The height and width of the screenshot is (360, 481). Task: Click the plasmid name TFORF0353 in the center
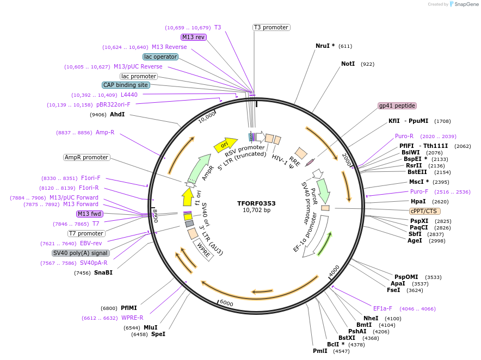coord(256,203)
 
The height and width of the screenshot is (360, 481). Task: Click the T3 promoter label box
coord(271,27)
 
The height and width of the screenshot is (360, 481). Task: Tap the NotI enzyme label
coord(348,64)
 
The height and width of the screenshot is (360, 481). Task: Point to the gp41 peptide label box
coord(397,105)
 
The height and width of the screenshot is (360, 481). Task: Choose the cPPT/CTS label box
coord(424,211)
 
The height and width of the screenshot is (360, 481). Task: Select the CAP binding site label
coord(125,85)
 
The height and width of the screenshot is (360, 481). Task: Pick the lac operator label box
coord(161,57)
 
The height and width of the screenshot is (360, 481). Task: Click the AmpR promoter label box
coord(87,157)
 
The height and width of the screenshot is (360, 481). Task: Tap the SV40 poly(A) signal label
coord(81,253)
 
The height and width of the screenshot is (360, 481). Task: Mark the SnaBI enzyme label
coord(103,272)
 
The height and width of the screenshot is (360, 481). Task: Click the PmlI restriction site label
coord(320,351)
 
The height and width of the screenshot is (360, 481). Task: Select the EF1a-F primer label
coord(383,308)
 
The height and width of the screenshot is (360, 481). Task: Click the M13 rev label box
coord(194,37)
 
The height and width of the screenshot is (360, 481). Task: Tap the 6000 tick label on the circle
coord(226,303)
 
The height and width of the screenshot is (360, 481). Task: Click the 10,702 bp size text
coord(256,210)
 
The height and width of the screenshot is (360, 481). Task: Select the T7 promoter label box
coord(87,233)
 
